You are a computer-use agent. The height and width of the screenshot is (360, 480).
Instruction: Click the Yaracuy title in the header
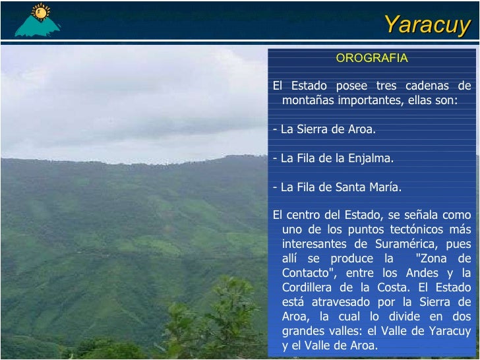[427, 24]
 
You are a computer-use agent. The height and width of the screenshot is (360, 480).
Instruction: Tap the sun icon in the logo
[41, 12]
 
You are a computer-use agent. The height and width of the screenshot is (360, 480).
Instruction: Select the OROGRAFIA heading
[372, 58]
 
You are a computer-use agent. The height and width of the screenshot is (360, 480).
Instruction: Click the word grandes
[304, 331]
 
